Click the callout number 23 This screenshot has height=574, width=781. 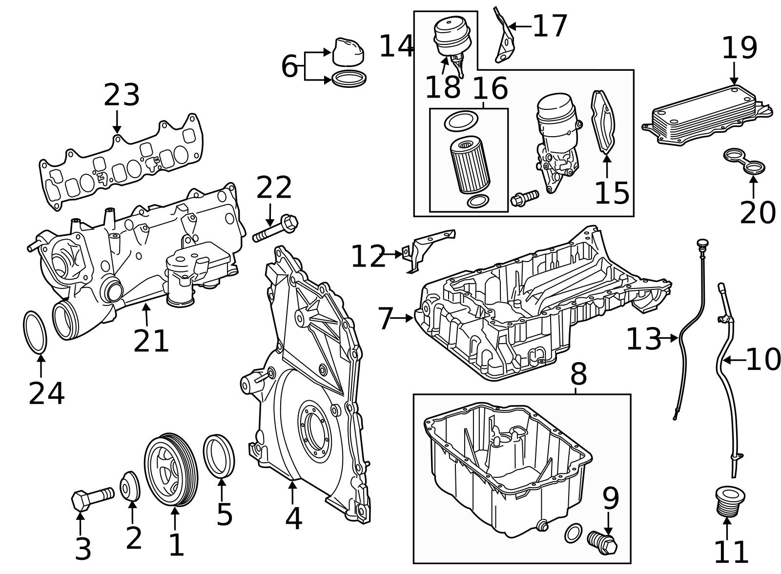[122, 95]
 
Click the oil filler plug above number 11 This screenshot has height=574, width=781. [726, 500]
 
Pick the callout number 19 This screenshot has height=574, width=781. [739, 48]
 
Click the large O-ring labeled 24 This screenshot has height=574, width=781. [35, 331]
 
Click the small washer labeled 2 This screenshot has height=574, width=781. [130, 486]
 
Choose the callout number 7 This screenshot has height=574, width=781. [385, 319]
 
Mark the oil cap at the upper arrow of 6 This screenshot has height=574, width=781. [348, 52]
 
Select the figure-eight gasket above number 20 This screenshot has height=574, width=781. [744, 162]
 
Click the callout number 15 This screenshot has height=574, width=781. [612, 193]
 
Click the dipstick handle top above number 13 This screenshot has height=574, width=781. [702, 243]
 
